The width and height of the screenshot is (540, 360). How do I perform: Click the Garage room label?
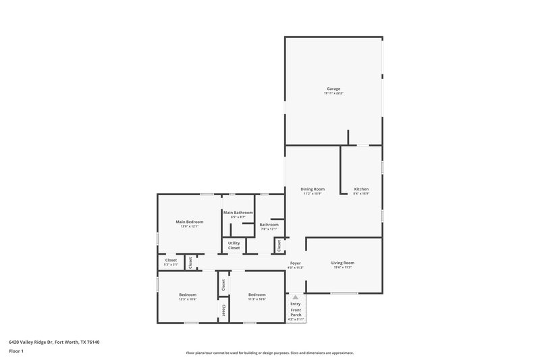333,88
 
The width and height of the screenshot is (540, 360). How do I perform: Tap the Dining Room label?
313,189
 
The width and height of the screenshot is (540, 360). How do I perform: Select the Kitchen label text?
361,189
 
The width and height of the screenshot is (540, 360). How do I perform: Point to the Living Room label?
342,263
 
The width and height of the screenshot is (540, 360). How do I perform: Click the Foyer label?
296,263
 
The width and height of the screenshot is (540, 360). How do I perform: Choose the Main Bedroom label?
190,222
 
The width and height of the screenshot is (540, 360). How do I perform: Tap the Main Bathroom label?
238,213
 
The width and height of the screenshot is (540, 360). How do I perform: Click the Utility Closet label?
234,245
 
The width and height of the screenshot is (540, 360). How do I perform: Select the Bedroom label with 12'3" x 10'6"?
188,294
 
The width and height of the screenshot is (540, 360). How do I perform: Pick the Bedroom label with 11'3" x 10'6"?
256,294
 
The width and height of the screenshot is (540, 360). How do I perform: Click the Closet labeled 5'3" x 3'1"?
171,260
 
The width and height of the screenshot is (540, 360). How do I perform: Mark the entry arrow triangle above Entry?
295,297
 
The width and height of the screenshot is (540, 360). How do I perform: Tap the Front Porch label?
296,313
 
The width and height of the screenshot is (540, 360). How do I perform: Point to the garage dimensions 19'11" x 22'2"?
333,93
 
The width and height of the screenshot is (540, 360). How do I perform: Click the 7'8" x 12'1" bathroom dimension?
269,229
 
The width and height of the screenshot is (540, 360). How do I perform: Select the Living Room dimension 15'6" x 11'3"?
342,267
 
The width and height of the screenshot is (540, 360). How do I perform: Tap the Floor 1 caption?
16,351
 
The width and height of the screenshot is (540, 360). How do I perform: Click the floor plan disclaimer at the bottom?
270,353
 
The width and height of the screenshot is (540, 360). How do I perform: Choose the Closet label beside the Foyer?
279,245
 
